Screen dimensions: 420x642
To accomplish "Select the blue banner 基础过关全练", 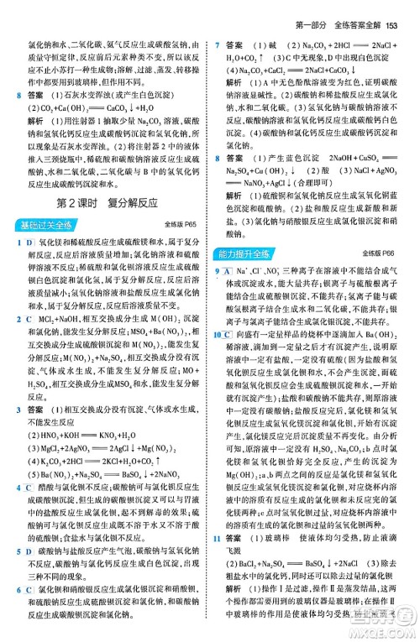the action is point(45,225).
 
